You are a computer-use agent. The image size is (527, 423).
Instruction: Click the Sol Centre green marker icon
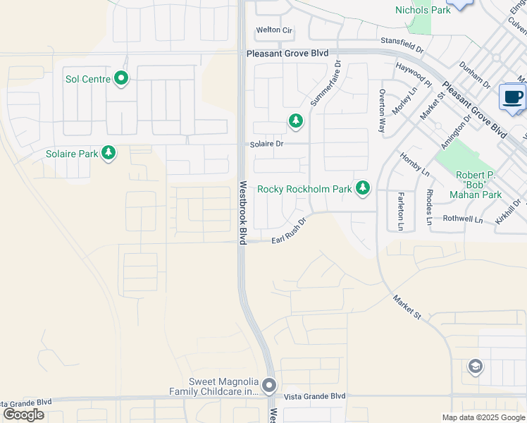[x=121, y=79]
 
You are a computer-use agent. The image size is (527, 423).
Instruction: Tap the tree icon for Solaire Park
[x=108, y=153]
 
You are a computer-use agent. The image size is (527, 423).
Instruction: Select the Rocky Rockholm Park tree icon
[x=363, y=188]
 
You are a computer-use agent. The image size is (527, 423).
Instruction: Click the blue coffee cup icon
[x=512, y=97]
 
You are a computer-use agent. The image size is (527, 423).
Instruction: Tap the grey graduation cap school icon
[x=475, y=366]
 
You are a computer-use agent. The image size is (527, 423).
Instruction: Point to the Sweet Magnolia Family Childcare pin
[x=268, y=385]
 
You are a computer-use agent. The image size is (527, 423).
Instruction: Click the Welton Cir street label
[x=273, y=30]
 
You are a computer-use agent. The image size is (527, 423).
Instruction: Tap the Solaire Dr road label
[x=266, y=144]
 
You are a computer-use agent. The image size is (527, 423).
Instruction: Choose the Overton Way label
[x=383, y=111]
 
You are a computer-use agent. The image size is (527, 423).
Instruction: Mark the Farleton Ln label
[x=400, y=211]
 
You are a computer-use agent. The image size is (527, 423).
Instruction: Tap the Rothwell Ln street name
[x=463, y=219]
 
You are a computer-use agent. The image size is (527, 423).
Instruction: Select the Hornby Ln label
[x=415, y=164]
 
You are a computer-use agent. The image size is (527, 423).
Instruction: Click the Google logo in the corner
[x=23, y=414]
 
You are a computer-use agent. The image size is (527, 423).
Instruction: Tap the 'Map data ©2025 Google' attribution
[x=483, y=417]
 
